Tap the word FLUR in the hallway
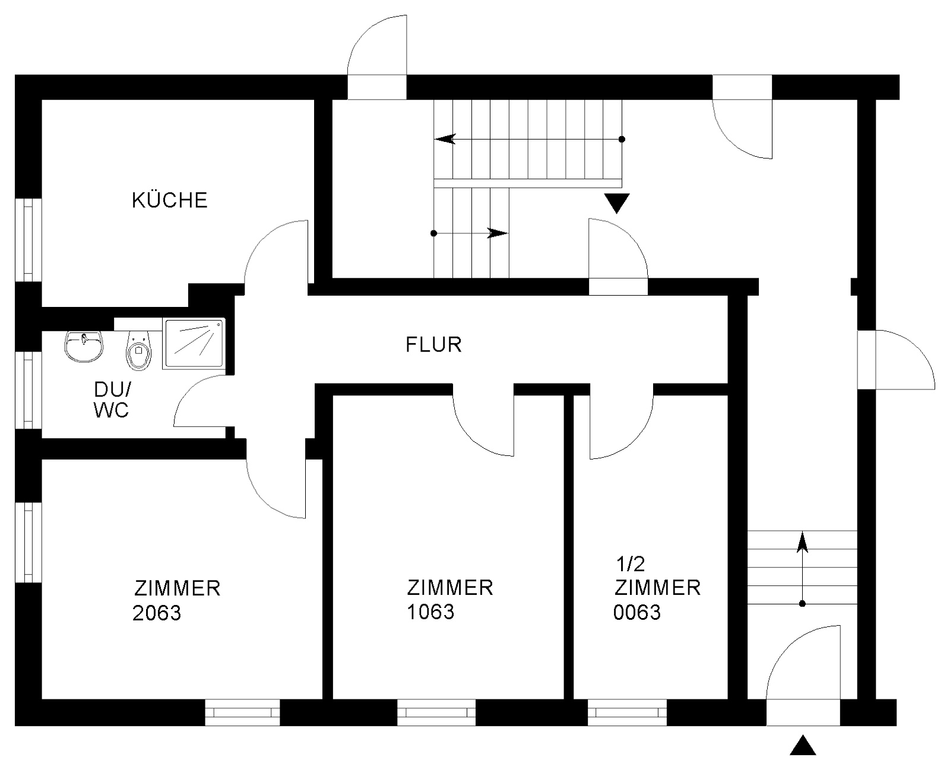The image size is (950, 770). (433, 345)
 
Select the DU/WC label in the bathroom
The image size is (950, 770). (112, 400)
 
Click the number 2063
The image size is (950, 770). (157, 613)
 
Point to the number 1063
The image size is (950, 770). (430, 611)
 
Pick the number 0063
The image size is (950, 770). (636, 612)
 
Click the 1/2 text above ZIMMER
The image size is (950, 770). (630, 564)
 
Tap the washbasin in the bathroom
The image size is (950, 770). (84, 347)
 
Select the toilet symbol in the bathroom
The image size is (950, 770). (139, 351)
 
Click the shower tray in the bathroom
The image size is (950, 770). (194, 343)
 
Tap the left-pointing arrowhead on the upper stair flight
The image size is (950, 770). (445, 139)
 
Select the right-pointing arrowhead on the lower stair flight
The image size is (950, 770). (498, 233)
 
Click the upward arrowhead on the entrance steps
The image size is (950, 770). (802, 541)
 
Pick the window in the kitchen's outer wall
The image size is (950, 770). (28, 240)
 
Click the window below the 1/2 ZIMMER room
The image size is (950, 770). (627, 712)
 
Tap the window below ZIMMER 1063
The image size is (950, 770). (436, 712)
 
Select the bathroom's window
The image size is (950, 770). (28, 390)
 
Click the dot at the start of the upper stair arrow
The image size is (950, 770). (622, 139)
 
